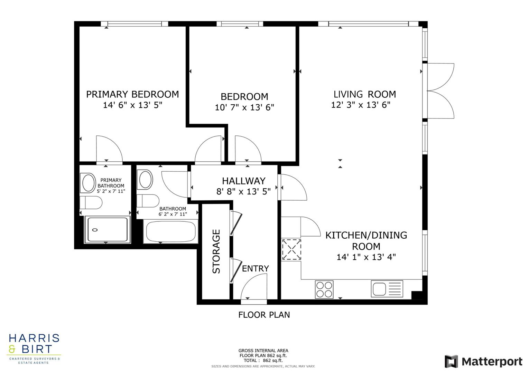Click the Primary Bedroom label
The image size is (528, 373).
132,94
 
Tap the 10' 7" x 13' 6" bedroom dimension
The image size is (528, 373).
244,108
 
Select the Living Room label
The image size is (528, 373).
364,94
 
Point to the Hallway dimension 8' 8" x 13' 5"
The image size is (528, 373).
243,191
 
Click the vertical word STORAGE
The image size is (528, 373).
216,251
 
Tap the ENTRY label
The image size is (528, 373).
255,269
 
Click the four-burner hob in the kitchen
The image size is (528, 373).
324,289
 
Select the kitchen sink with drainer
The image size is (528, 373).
387,289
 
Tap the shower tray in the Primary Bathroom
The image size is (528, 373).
106,230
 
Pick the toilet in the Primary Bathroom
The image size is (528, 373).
91,203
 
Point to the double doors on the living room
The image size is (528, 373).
441,91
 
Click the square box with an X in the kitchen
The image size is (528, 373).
291,249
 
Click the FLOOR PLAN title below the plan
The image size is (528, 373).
264,315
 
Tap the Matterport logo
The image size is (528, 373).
483,362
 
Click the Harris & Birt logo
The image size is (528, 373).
34,348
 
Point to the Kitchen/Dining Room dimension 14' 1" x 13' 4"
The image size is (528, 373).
366,257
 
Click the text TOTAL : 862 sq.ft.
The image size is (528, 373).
263,361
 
